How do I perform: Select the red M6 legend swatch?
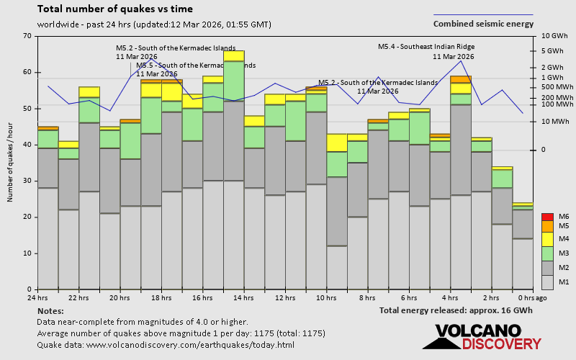click(x=547, y=217)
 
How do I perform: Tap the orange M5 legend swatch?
click(x=547, y=225)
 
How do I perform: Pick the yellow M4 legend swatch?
click(x=547, y=238)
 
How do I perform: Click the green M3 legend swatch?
click(x=547, y=252)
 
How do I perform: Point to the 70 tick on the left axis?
click(x=27, y=36)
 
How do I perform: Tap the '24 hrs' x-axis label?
click(x=37, y=297)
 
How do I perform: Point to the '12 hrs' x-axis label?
click(x=285, y=297)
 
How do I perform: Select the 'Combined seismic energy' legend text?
click(x=483, y=23)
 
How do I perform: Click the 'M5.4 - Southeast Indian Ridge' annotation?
click(x=426, y=47)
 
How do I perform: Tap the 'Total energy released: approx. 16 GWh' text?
click(x=456, y=310)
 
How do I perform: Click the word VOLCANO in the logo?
click(x=477, y=330)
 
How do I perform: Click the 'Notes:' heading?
click(x=50, y=310)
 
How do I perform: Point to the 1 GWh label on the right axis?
click(x=552, y=78)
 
